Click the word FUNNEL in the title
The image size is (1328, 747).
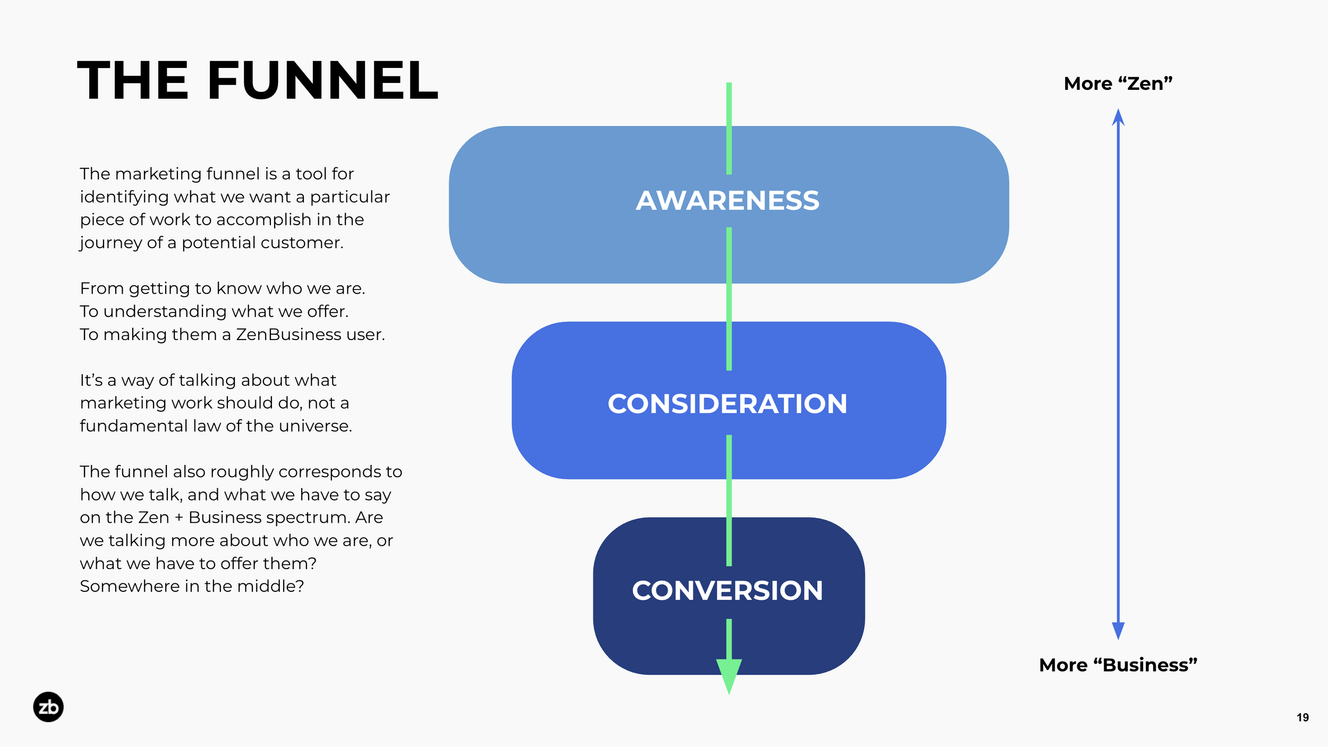pyautogui.click(x=323, y=80)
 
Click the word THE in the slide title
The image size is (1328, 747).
pyautogui.click(x=133, y=80)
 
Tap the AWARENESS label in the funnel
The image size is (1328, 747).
pyautogui.click(x=728, y=200)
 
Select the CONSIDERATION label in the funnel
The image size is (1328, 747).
pyautogui.click(x=727, y=404)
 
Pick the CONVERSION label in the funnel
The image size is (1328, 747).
pyautogui.click(x=727, y=590)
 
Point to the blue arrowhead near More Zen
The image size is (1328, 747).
pyautogui.click(x=1118, y=117)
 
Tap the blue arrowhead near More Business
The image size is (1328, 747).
pyautogui.click(x=1118, y=631)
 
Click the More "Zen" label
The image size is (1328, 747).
pyautogui.click(x=1118, y=83)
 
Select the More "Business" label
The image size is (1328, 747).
pyautogui.click(x=1118, y=665)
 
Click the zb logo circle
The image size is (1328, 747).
pyautogui.click(x=48, y=707)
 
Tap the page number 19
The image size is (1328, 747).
pyautogui.click(x=1303, y=718)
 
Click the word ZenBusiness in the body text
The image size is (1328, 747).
pyautogui.click(x=288, y=334)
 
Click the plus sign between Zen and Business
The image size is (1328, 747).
pyautogui.click(x=178, y=518)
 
